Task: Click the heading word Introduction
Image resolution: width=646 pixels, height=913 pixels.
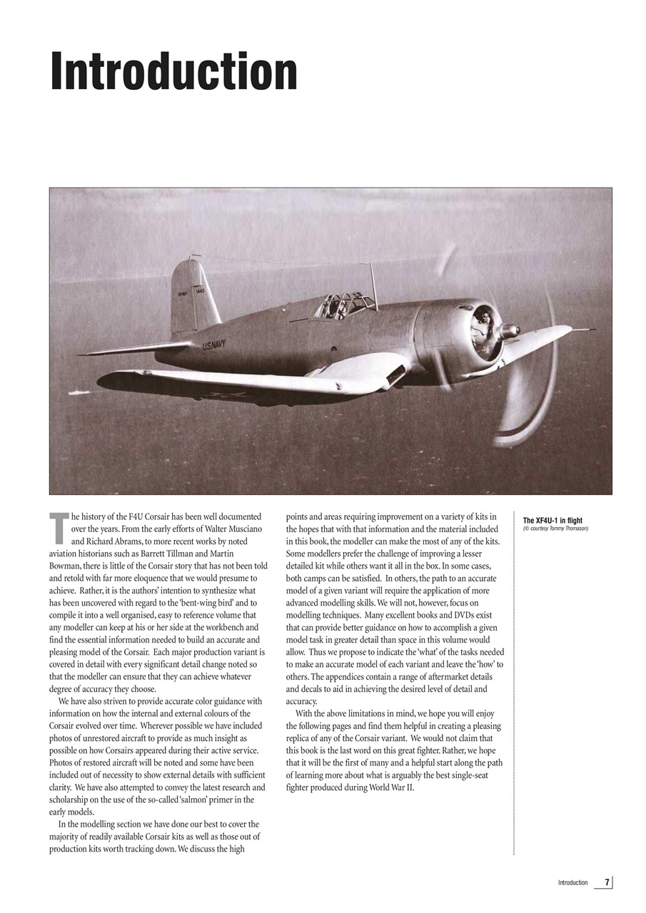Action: [173, 72]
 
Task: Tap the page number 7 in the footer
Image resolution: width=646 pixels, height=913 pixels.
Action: [607, 882]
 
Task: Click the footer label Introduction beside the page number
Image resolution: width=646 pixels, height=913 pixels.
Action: [572, 883]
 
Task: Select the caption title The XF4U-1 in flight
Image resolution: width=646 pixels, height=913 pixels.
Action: [552, 521]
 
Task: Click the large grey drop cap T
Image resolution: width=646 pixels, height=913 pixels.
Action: [59, 526]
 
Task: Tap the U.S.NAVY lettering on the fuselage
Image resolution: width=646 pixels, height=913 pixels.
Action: [213, 345]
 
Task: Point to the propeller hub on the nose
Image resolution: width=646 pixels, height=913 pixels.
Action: [508, 331]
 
